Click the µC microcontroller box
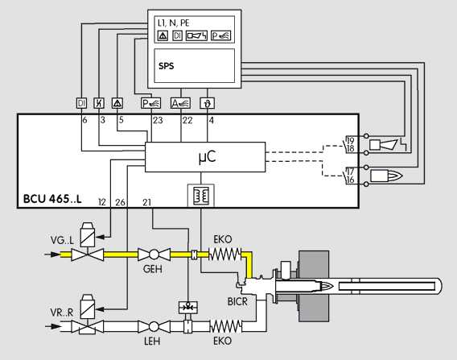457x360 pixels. pos(205,157)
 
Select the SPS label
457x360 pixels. pos(166,66)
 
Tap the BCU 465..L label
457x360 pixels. pos(52,199)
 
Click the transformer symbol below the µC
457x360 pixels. pos(201,195)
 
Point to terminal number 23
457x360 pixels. pos(158,120)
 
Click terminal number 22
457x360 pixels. pos(187,120)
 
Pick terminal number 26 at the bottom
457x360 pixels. pos(120,202)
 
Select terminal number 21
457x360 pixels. pos(147,202)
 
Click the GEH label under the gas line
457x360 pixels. pos(153,269)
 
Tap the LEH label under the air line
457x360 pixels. pos(152,341)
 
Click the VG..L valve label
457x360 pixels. pos(62,240)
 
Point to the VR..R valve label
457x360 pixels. pos(61,312)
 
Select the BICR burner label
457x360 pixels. pos(237,301)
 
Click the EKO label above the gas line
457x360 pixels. pos(223,239)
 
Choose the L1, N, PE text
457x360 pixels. pos(174,23)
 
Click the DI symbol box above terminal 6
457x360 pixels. pos(81,103)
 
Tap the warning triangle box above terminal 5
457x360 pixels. pos(117,103)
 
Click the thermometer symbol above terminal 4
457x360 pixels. pos(208,103)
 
